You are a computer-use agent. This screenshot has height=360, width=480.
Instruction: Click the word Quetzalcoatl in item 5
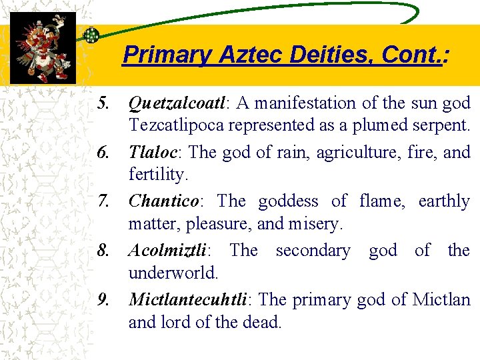[177, 103]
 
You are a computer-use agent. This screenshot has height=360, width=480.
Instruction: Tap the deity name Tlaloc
[151, 153]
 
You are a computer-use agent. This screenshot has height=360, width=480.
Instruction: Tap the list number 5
[103, 103]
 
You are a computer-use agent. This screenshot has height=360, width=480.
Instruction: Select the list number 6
[103, 153]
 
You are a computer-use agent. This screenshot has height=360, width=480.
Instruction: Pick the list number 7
[103, 201]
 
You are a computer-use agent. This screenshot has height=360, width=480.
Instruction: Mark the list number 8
[103, 251]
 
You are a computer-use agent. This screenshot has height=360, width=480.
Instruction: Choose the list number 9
[103, 300]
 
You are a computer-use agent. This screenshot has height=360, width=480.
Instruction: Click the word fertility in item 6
[155, 175]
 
